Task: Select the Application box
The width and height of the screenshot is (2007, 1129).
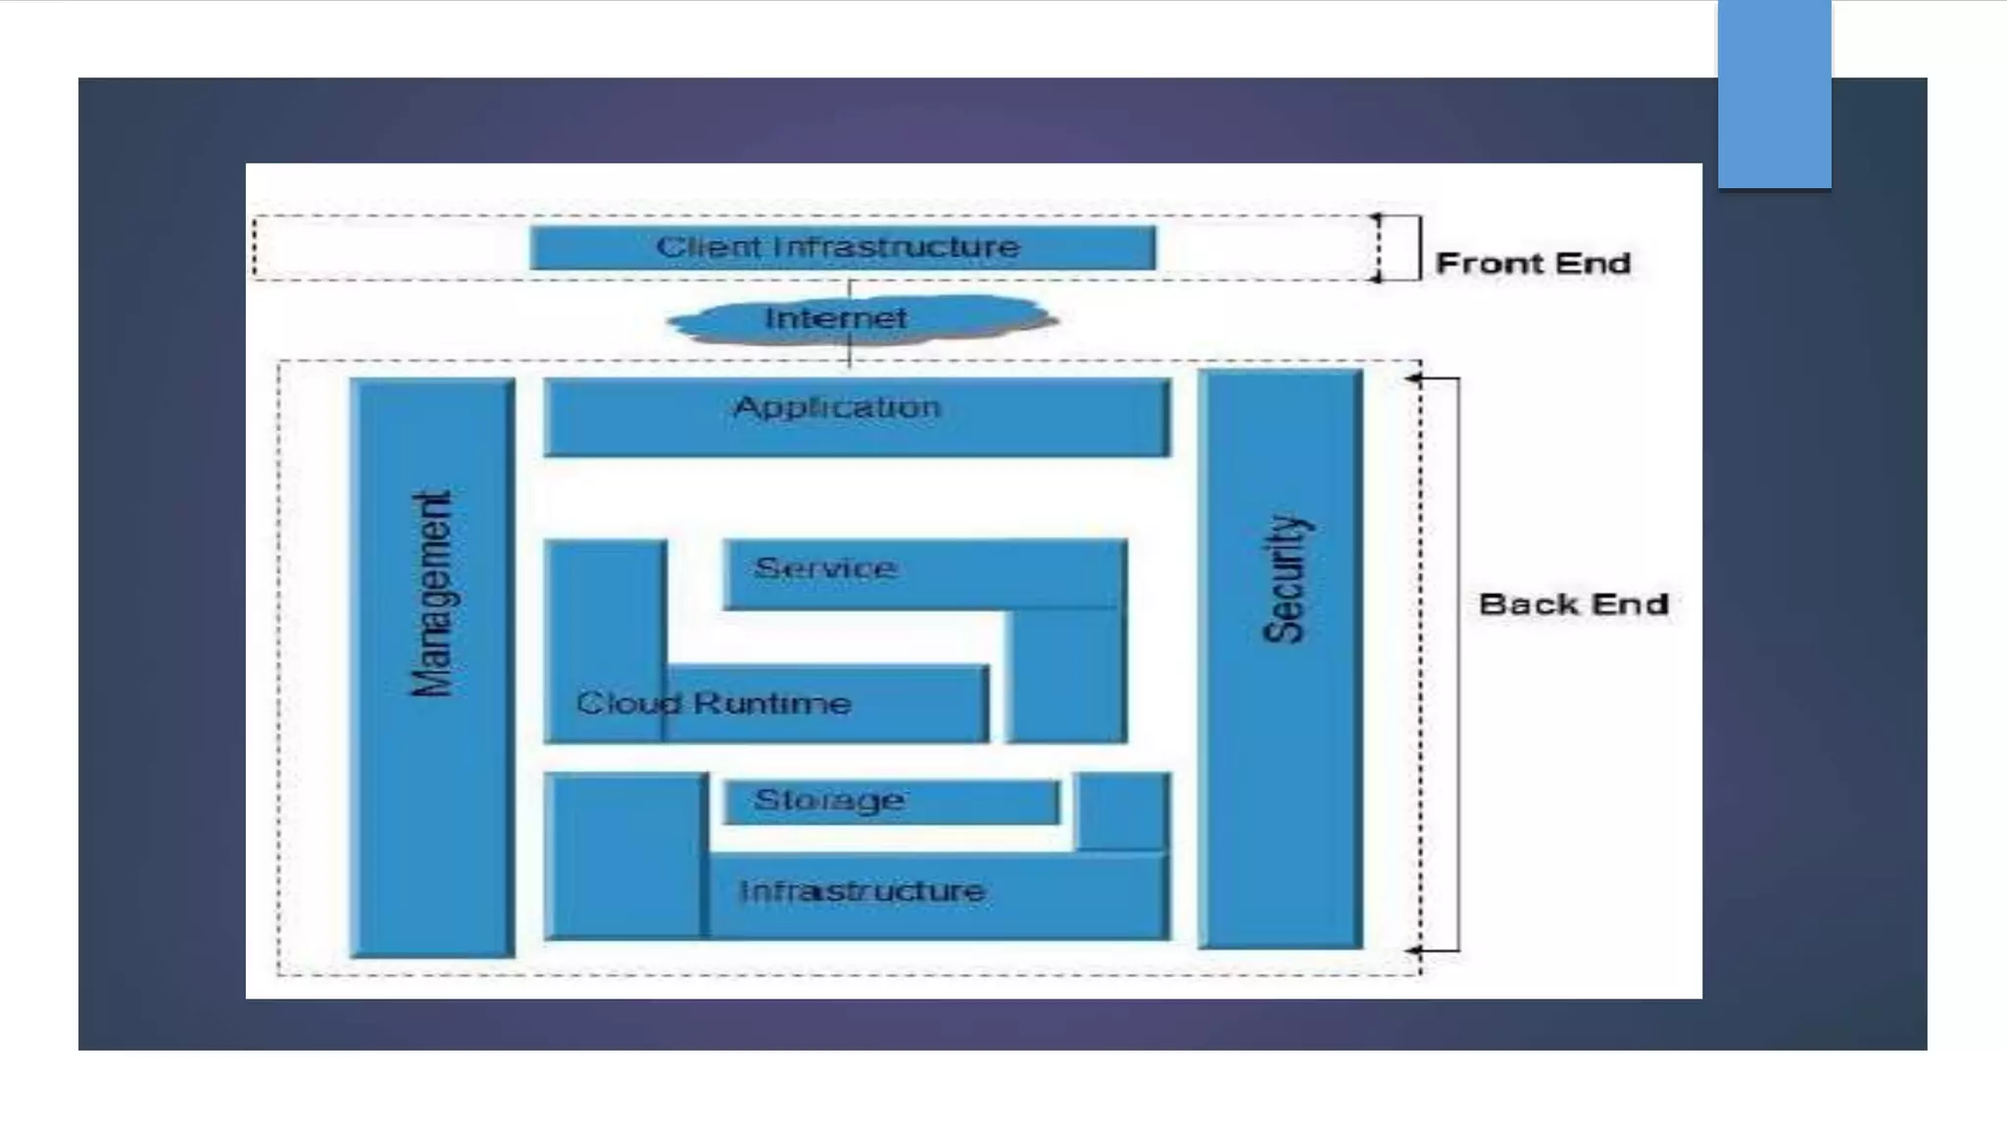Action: pyautogui.click(x=857, y=417)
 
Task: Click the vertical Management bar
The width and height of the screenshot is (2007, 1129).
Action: pyautogui.click(x=432, y=666)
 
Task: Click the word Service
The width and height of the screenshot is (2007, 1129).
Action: pyautogui.click(x=825, y=568)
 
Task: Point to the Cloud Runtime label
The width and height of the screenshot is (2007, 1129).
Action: pyautogui.click(x=713, y=703)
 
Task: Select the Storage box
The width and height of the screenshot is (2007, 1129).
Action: pyautogui.click(x=891, y=802)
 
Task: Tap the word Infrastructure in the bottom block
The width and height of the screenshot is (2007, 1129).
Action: pyautogui.click(x=861, y=892)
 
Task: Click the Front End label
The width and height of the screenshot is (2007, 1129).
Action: pyautogui.click(x=1533, y=264)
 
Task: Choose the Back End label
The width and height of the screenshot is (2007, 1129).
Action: pyautogui.click(x=1573, y=605)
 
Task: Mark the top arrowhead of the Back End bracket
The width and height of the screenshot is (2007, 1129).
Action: pyautogui.click(x=1413, y=378)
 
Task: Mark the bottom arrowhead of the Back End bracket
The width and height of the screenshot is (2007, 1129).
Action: pyautogui.click(x=1413, y=950)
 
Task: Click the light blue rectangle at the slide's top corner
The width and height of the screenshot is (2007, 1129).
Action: pyautogui.click(x=1774, y=94)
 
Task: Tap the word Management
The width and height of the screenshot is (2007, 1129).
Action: pyautogui.click(x=432, y=594)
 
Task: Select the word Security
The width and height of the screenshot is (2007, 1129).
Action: pyautogui.click(x=1284, y=579)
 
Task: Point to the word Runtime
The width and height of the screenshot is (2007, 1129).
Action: pyautogui.click(x=772, y=703)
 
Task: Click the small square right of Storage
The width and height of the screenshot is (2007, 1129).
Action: pyautogui.click(x=1122, y=810)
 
